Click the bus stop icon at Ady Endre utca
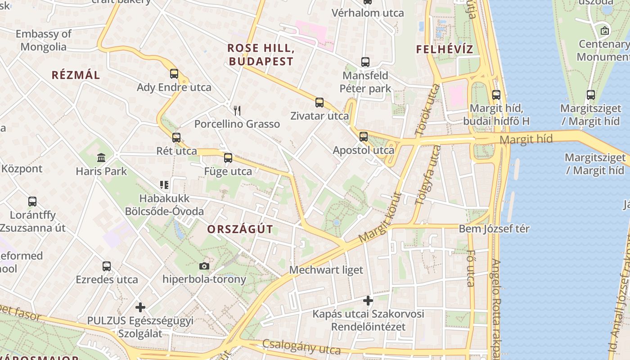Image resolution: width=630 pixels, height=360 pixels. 174,74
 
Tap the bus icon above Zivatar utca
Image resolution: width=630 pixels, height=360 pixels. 319,103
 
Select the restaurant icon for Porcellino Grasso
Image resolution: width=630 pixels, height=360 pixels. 237,110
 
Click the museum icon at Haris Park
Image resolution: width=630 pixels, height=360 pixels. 101,158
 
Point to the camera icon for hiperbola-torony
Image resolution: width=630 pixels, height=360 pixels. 204,266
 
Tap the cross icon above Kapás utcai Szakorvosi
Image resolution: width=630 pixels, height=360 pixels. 368,300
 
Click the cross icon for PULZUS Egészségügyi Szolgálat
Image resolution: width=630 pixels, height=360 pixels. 140,307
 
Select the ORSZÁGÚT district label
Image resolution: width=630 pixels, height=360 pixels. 240,229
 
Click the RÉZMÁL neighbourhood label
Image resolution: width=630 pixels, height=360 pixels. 76,75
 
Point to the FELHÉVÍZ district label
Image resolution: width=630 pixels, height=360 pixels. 445,49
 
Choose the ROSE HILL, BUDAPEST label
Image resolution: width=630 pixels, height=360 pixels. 261,54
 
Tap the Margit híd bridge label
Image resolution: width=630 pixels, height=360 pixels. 526,139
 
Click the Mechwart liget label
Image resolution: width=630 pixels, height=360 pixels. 326,270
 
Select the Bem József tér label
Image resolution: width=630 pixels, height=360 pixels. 494,229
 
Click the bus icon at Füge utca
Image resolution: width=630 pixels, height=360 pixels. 228,158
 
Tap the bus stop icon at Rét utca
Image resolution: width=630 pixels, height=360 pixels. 176,138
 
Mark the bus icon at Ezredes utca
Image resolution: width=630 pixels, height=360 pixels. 107,266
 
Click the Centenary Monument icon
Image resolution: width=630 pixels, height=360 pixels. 605,31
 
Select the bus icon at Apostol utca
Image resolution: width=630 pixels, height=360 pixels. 364,137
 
